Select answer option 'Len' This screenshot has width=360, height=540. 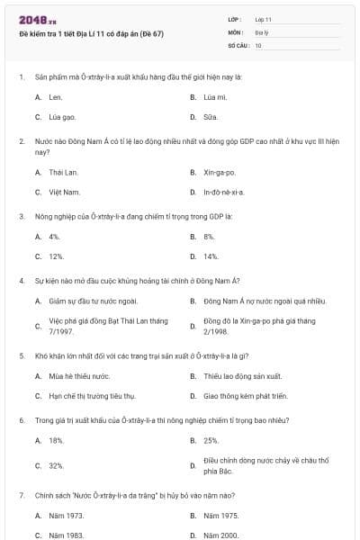pos(56,96)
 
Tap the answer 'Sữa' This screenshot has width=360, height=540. pos(210,117)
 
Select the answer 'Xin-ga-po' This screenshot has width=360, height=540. pos(220,171)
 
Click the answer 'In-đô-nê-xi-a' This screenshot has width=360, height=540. pos(224,192)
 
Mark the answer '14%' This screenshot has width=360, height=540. pos(211,256)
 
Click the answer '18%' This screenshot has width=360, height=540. pos(57,441)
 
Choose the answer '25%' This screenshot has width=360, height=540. pos(211,441)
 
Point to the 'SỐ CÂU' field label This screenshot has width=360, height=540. pos(236,44)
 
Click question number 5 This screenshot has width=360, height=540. pos(21,355)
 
